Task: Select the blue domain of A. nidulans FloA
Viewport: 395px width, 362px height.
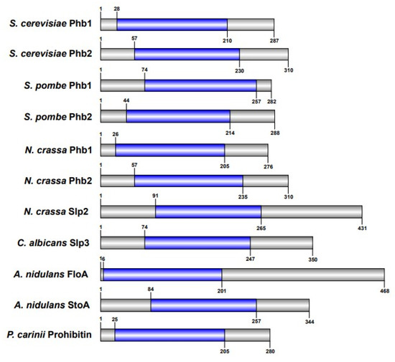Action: click(x=162, y=273)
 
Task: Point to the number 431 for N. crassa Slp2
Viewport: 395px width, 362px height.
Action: click(x=362, y=228)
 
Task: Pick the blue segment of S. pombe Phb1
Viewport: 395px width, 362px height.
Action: click(x=200, y=86)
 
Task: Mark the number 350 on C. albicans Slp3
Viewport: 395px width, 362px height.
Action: click(x=312, y=259)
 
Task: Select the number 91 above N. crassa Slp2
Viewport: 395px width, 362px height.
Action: click(x=155, y=195)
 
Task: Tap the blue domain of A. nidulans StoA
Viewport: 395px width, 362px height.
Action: click(x=203, y=305)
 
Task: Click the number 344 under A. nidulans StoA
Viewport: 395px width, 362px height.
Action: click(x=309, y=321)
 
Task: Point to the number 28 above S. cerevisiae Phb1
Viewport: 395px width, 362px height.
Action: click(x=117, y=8)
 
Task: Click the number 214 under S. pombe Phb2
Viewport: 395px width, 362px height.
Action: click(x=230, y=134)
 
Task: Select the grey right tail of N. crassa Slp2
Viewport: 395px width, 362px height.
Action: click(x=311, y=211)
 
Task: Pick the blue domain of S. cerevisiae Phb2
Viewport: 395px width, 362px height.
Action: click(x=187, y=54)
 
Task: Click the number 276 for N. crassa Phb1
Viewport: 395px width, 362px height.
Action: click(x=268, y=166)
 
